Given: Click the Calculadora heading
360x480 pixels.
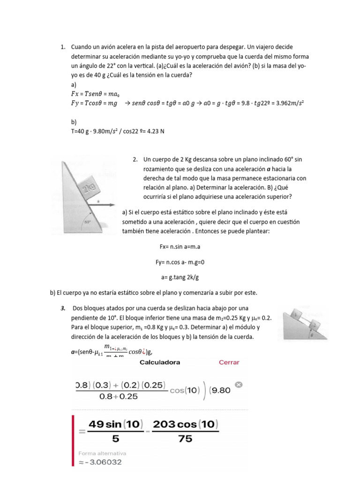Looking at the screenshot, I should [x=159, y=362].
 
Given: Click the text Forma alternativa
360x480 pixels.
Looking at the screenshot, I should [x=102, y=453].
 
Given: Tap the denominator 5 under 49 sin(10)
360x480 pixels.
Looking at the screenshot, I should [x=115, y=440].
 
